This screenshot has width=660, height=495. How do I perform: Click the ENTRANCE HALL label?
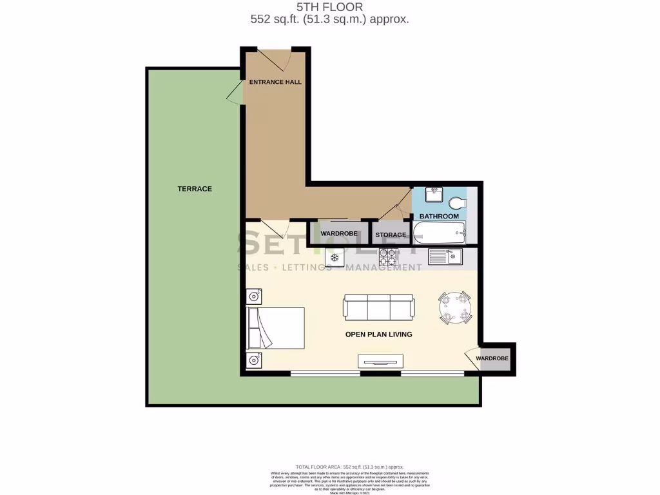(x=275, y=82)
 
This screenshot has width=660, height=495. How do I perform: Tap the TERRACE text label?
(x=195, y=189)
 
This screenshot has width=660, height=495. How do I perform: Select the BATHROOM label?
(x=439, y=217)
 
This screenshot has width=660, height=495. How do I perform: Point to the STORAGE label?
(x=391, y=235)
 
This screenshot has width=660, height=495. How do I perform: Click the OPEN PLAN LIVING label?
(x=378, y=335)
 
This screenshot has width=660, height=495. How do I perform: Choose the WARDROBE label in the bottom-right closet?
(x=492, y=358)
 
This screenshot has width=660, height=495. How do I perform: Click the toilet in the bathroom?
(x=458, y=202)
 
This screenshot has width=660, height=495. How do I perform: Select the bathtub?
(x=439, y=233)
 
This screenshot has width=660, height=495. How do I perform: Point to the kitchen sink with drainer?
(x=445, y=257)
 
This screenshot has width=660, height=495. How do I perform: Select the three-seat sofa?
(x=378, y=307)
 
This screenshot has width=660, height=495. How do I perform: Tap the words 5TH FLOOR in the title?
(x=329, y=8)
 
